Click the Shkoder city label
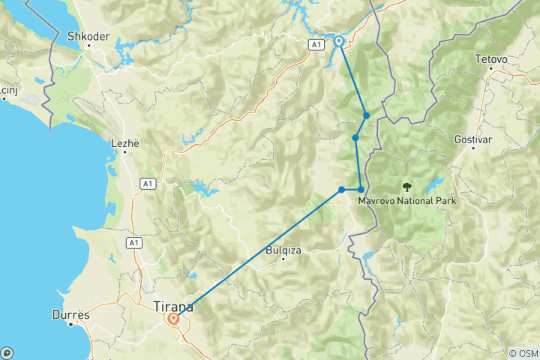click(x=88, y=34)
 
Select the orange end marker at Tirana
click(x=174, y=318)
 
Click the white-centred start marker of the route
click(x=339, y=41)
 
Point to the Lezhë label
click(x=125, y=142)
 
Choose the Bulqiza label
click(x=283, y=250)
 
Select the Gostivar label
click(x=472, y=139)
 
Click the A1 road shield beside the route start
click(x=315, y=45)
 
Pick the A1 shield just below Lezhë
click(x=147, y=183)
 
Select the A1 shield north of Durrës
click(x=133, y=242)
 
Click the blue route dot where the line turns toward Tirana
click(x=342, y=189)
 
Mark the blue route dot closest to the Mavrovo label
click(x=361, y=189)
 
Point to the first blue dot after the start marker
click(x=366, y=115)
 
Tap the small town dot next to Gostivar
click(x=472, y=148)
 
